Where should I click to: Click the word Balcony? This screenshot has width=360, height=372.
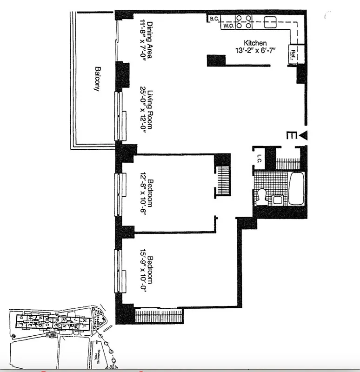pos(97,79)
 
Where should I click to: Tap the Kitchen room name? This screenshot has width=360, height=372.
pos(255,43)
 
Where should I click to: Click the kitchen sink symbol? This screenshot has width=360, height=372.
pos(270,22)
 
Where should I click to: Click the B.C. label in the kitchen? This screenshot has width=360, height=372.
pos(214,19)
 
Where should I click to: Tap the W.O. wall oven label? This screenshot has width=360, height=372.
pos(228,27)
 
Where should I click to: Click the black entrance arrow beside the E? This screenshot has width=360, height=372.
pos(304,135)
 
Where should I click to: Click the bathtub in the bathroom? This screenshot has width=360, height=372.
pos(296,189)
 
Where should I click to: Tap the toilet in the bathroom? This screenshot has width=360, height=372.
pos(261,195)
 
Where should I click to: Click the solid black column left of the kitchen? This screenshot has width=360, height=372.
pos(216,60)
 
